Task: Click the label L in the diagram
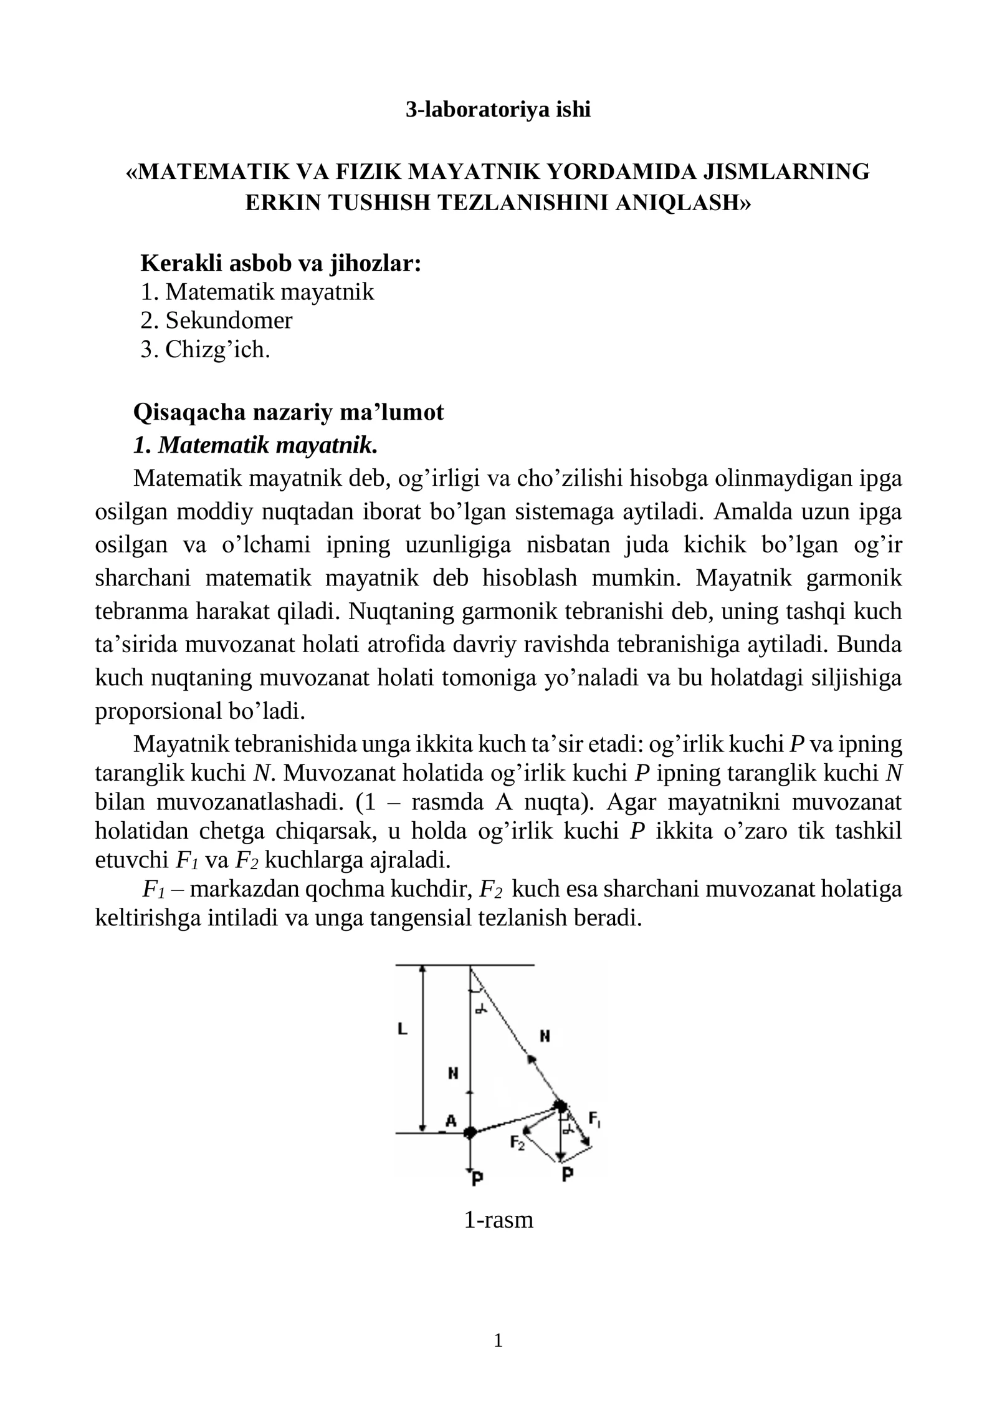click(402, 1029)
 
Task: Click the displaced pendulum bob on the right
click(561, 1106)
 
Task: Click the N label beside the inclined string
click(545, 1036)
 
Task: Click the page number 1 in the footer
click(498, 1340)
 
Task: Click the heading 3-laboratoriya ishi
click(498, 110)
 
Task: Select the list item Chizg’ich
click(217, 350)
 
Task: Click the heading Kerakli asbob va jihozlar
click(281, 263)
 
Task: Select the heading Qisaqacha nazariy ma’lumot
click(289, 412)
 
